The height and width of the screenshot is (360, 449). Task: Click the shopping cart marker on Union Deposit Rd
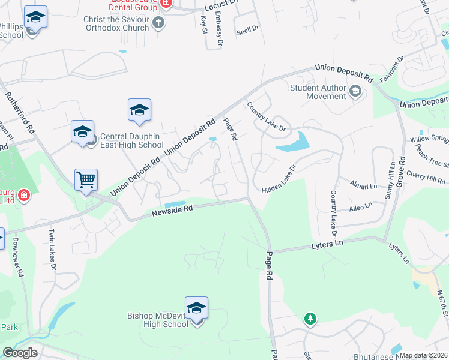(x=86, y=179)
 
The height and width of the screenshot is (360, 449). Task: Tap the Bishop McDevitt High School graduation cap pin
(x=196, y=308)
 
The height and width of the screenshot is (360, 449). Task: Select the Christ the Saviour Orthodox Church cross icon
(x=158, y=23)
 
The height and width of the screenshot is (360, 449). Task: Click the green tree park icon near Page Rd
(x=310, y=319)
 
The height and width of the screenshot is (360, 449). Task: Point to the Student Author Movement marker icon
(x=355, y=91)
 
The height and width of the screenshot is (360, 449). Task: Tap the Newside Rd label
(x=172, y=209)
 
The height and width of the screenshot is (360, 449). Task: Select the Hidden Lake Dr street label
(x=279, y=179)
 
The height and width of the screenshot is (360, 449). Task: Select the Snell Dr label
(x=247, y=28)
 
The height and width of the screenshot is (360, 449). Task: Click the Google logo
(x=20, y=353)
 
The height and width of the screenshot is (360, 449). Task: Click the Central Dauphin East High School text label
(x=131, y=140)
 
